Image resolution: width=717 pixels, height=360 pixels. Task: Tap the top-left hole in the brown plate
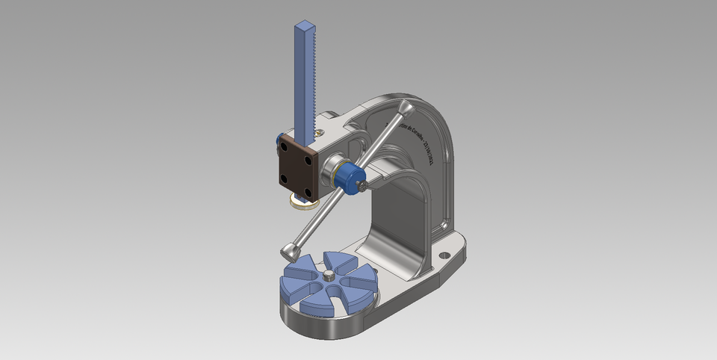(285, 150)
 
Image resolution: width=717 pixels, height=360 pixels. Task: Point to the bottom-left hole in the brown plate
(284, 177)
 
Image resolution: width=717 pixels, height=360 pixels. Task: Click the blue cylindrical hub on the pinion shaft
(347, 176)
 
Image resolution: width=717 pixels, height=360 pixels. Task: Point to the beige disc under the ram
(302, 202)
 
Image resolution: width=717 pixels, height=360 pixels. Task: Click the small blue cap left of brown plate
(278, 140)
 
